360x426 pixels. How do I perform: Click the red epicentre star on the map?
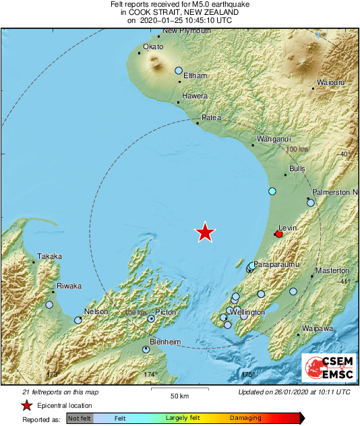[205, 233]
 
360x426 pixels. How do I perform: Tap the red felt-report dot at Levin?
[278, 234]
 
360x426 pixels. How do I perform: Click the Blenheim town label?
[165, 342]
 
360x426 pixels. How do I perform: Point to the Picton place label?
[165, 312]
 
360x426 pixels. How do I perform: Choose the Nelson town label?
[95, 311]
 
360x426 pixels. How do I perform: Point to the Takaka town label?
[49, 256]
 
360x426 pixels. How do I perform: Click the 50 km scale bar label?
[179, 395]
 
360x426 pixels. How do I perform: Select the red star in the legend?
[26, 405]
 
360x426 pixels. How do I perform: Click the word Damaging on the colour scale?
[245, 419]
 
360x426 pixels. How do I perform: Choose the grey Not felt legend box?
[79, 419]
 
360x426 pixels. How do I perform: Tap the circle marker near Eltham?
[179, 70]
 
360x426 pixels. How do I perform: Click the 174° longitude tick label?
[150, 374]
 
